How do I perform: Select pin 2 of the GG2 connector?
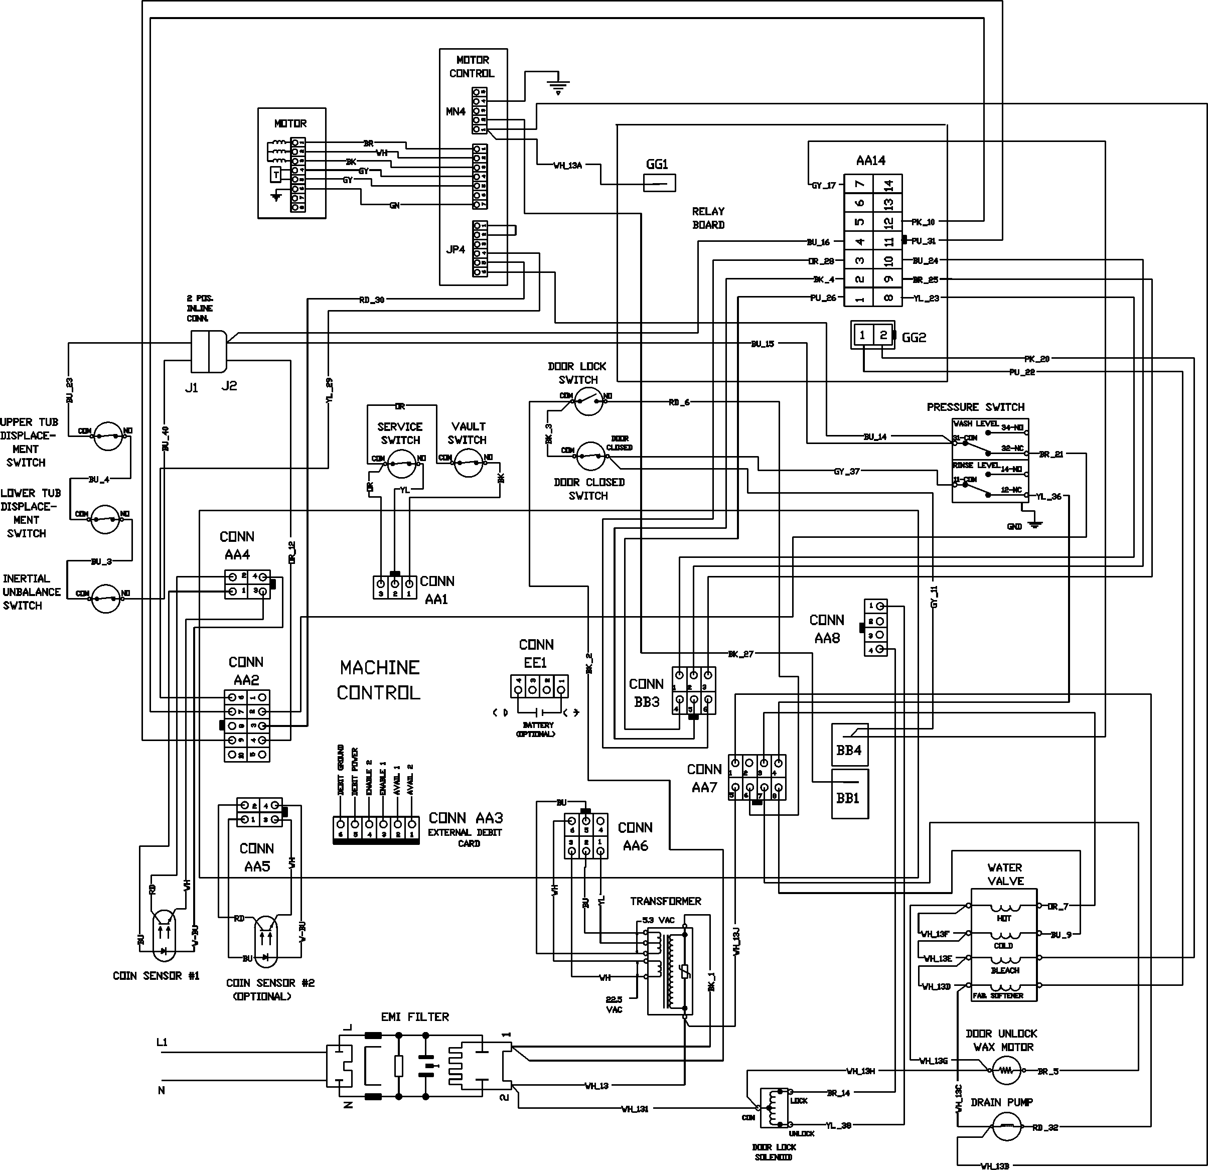[x=883, y=335]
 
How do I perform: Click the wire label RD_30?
[x=372, y=300]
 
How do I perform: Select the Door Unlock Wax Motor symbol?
[x=1005, y=1071]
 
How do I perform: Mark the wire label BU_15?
[x=763, y=344]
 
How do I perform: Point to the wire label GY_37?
[x=846, y=472]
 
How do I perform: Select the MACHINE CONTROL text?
[x=380, y=680]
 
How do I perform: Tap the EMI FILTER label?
[x=415, y=1016]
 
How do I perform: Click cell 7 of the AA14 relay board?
[x=860, y=184]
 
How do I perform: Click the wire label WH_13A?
[x=568, y=165]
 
